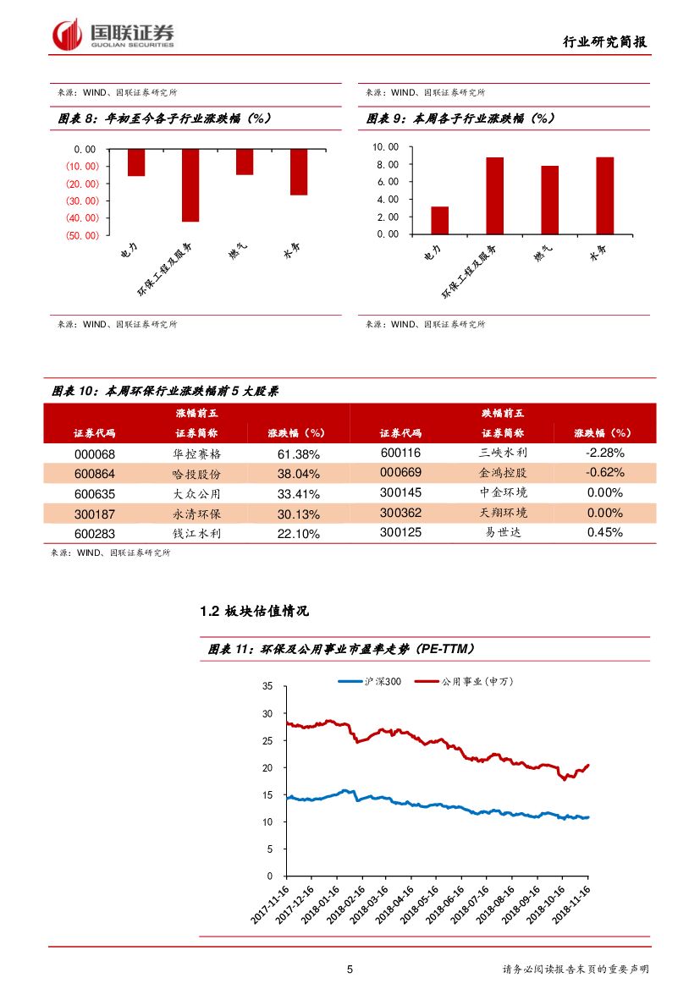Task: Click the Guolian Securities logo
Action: pyautogui.click(x=113, y=34)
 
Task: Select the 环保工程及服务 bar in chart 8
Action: pyautogui.click(x=190, y=185)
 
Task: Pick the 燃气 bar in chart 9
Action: pyautogui.click(x=550, y=200)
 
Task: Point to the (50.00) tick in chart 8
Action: pyautogui.click(x=83, y=236)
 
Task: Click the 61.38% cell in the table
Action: pyautogui.click(x=298, y=453)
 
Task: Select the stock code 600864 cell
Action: pyautogui.click(x=96, y=474)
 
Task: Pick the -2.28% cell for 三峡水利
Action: pyautogui.click(x=604, y=453)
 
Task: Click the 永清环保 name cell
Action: pyautogui.click(x=196, y=514)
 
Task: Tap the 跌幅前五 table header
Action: pyautogui.click(x=503, y=413)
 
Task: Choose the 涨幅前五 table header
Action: pyautogui.click(x=196, y=413)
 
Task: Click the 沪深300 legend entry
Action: pyautogui.click(x=370, y=681)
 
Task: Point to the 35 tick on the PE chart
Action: pyautogui.click(x=268, y=686)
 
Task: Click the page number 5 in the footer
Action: pyautogui.click(x=350, y=970)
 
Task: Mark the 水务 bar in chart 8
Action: pyautogui.click(x=298, y=172)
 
